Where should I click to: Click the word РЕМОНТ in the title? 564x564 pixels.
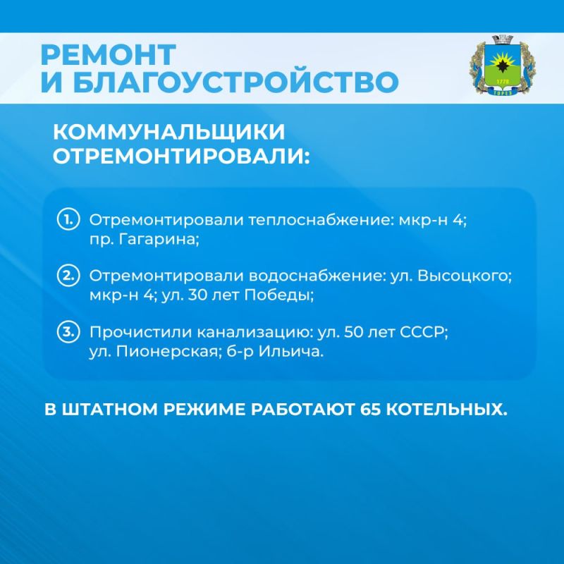[106, 55]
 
